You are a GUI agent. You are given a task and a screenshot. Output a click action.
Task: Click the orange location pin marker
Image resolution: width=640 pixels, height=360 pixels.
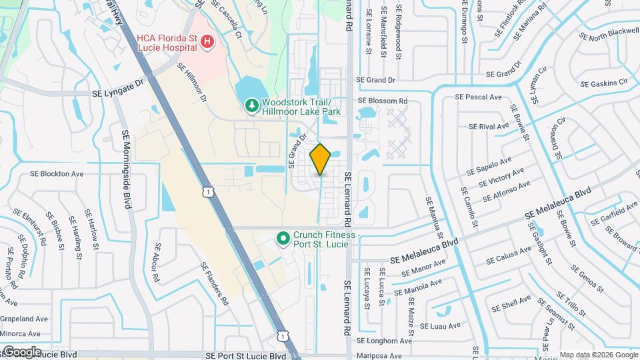pos(320,159)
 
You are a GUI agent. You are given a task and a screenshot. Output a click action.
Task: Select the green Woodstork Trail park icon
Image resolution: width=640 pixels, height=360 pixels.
pos(251,106)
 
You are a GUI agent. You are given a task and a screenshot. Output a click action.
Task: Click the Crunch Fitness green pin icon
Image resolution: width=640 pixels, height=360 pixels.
pos(283,237)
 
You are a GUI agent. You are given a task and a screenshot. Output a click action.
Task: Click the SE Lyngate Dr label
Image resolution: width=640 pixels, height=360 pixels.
pos(119,85)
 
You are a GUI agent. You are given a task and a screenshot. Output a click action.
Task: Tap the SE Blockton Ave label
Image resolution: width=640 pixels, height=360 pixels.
pos(57,174)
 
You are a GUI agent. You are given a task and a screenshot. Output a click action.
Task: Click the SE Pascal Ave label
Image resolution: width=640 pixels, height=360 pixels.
pos(478,97)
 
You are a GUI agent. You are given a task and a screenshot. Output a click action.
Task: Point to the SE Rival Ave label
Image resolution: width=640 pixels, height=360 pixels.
pos(489,126)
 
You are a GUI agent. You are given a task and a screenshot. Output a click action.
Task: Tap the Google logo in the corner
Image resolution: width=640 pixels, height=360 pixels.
pos(21,352)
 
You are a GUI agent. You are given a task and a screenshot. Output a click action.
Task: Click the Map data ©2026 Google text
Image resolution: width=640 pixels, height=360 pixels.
pos(599,355)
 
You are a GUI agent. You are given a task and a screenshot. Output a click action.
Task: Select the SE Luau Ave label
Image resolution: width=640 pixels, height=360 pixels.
pos(440,326)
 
